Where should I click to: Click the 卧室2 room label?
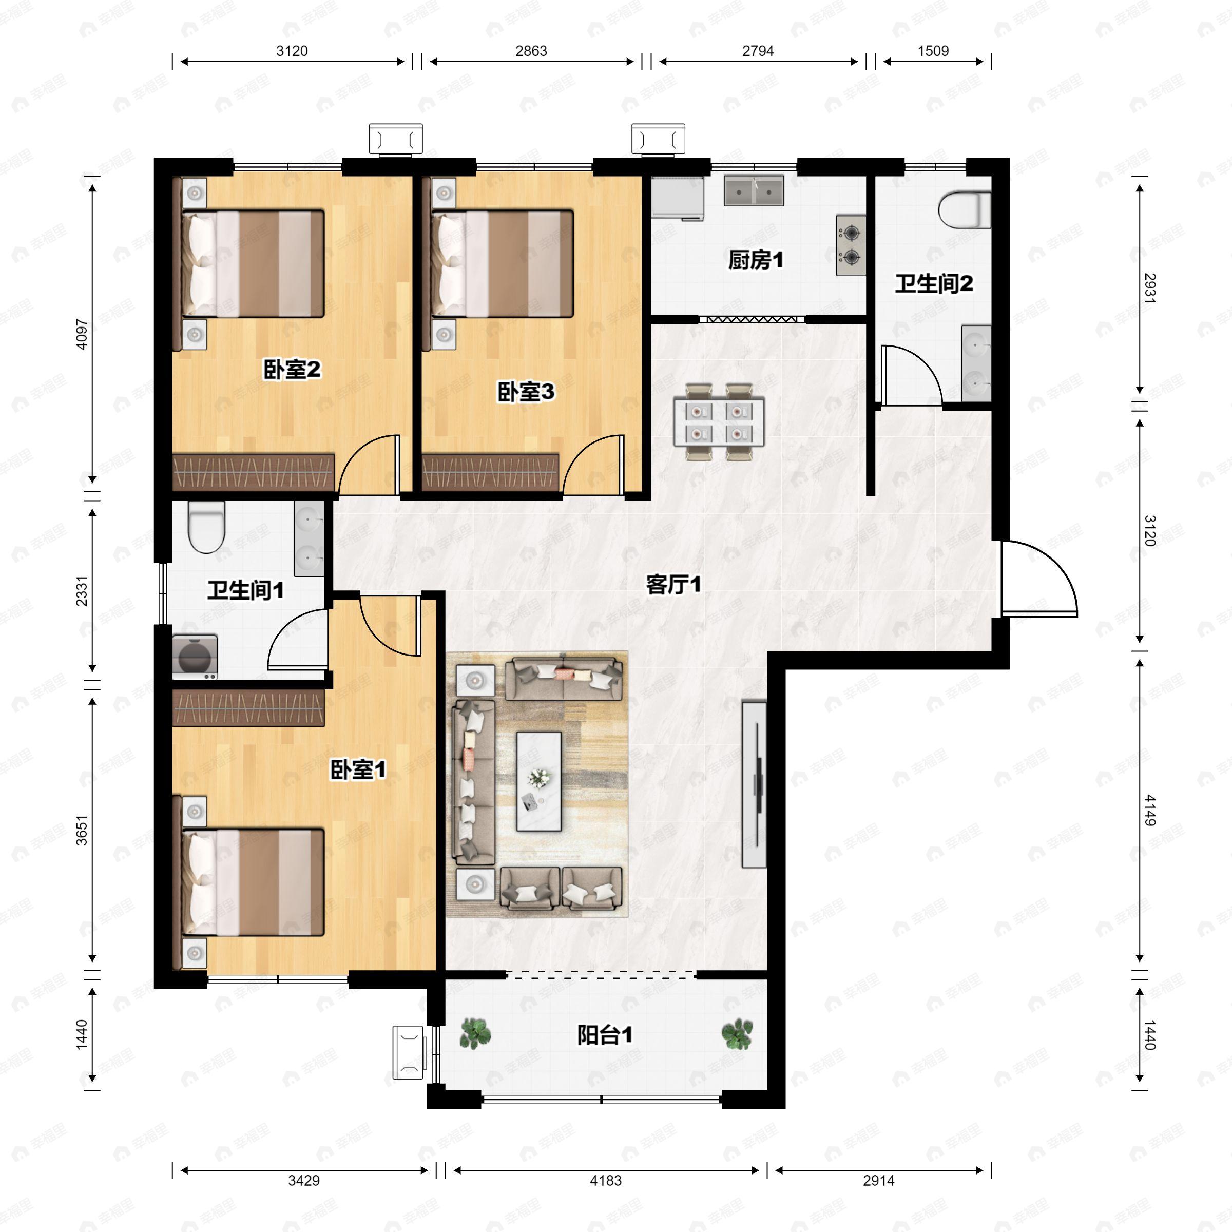point(292,369)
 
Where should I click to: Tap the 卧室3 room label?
point(526,392)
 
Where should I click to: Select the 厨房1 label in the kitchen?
point(756,260)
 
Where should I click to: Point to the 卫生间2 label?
point(934,283)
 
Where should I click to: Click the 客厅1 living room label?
point(673,584)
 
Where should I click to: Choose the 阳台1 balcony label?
point(605,1035)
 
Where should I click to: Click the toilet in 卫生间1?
point(206,527)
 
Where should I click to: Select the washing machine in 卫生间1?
point(195,656)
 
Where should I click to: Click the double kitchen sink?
point(754,190)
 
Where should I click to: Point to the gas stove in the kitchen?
point(851,244)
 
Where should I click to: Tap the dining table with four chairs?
point(719,421)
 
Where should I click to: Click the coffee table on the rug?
point(539,781)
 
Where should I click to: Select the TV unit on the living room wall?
point(755,784)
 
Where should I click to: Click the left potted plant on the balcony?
point(475,1034)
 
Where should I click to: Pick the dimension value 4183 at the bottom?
point(605,1180)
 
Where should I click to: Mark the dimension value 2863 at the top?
point(531,51)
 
